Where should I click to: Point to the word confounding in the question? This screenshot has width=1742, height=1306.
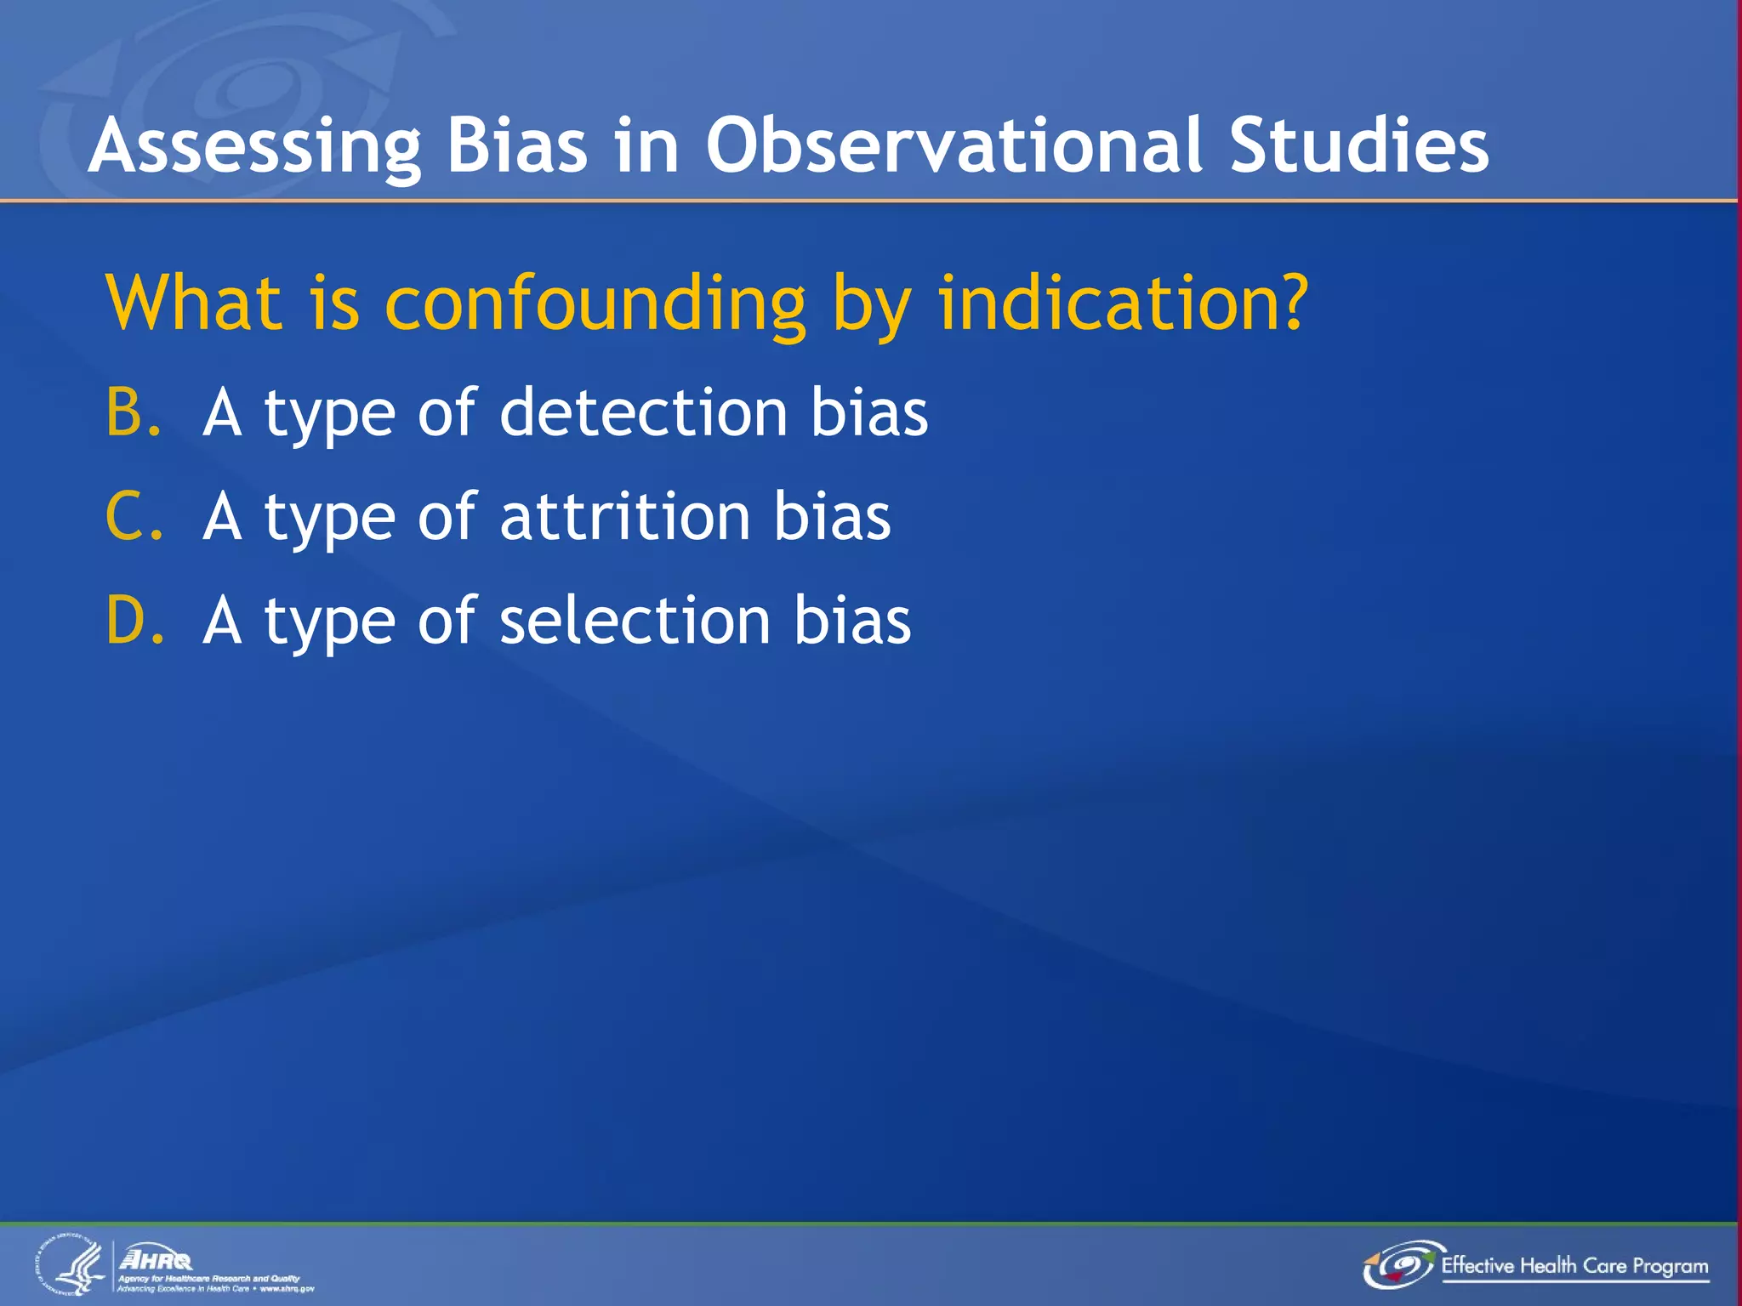(595, 304)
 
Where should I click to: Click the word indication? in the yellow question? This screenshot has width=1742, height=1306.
(1122, 304)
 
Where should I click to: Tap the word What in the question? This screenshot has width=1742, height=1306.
(194, 304)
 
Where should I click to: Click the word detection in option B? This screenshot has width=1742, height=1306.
(643, 412)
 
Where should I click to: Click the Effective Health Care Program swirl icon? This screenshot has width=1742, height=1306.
(1400, 1265)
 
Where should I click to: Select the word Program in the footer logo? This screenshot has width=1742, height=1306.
(1670, 1267)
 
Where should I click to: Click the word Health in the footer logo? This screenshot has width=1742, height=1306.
(1548, 1265)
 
